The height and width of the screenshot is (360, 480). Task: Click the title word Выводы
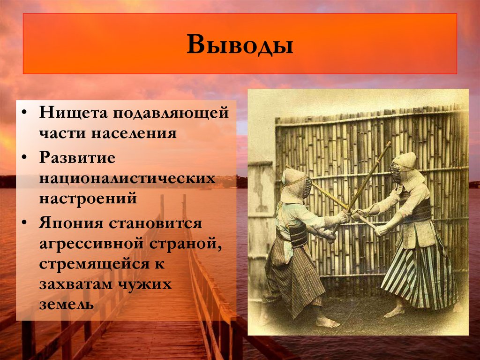(240, 45)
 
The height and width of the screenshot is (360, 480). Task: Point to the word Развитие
(77, 158)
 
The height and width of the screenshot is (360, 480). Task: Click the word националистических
(127, 178)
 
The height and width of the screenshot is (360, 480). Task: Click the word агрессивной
(94, 244)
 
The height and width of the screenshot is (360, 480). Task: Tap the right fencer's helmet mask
(397, 172)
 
